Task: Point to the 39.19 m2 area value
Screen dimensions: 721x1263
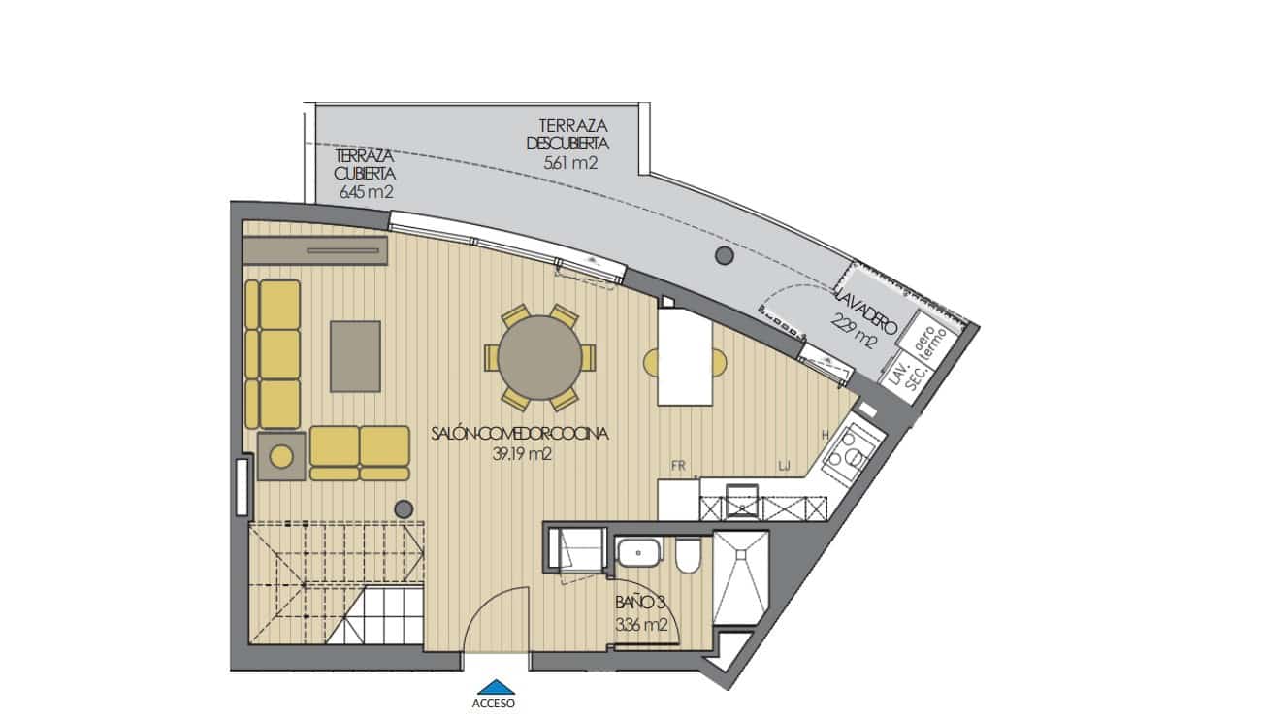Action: tap(522, 453)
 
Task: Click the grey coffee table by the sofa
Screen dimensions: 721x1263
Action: tap(355, 356)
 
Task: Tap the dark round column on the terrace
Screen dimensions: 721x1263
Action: tap(723, 256)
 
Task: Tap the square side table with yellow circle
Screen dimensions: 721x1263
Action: tap(282, 455)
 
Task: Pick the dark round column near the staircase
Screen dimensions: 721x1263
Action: tap(404, 508)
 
